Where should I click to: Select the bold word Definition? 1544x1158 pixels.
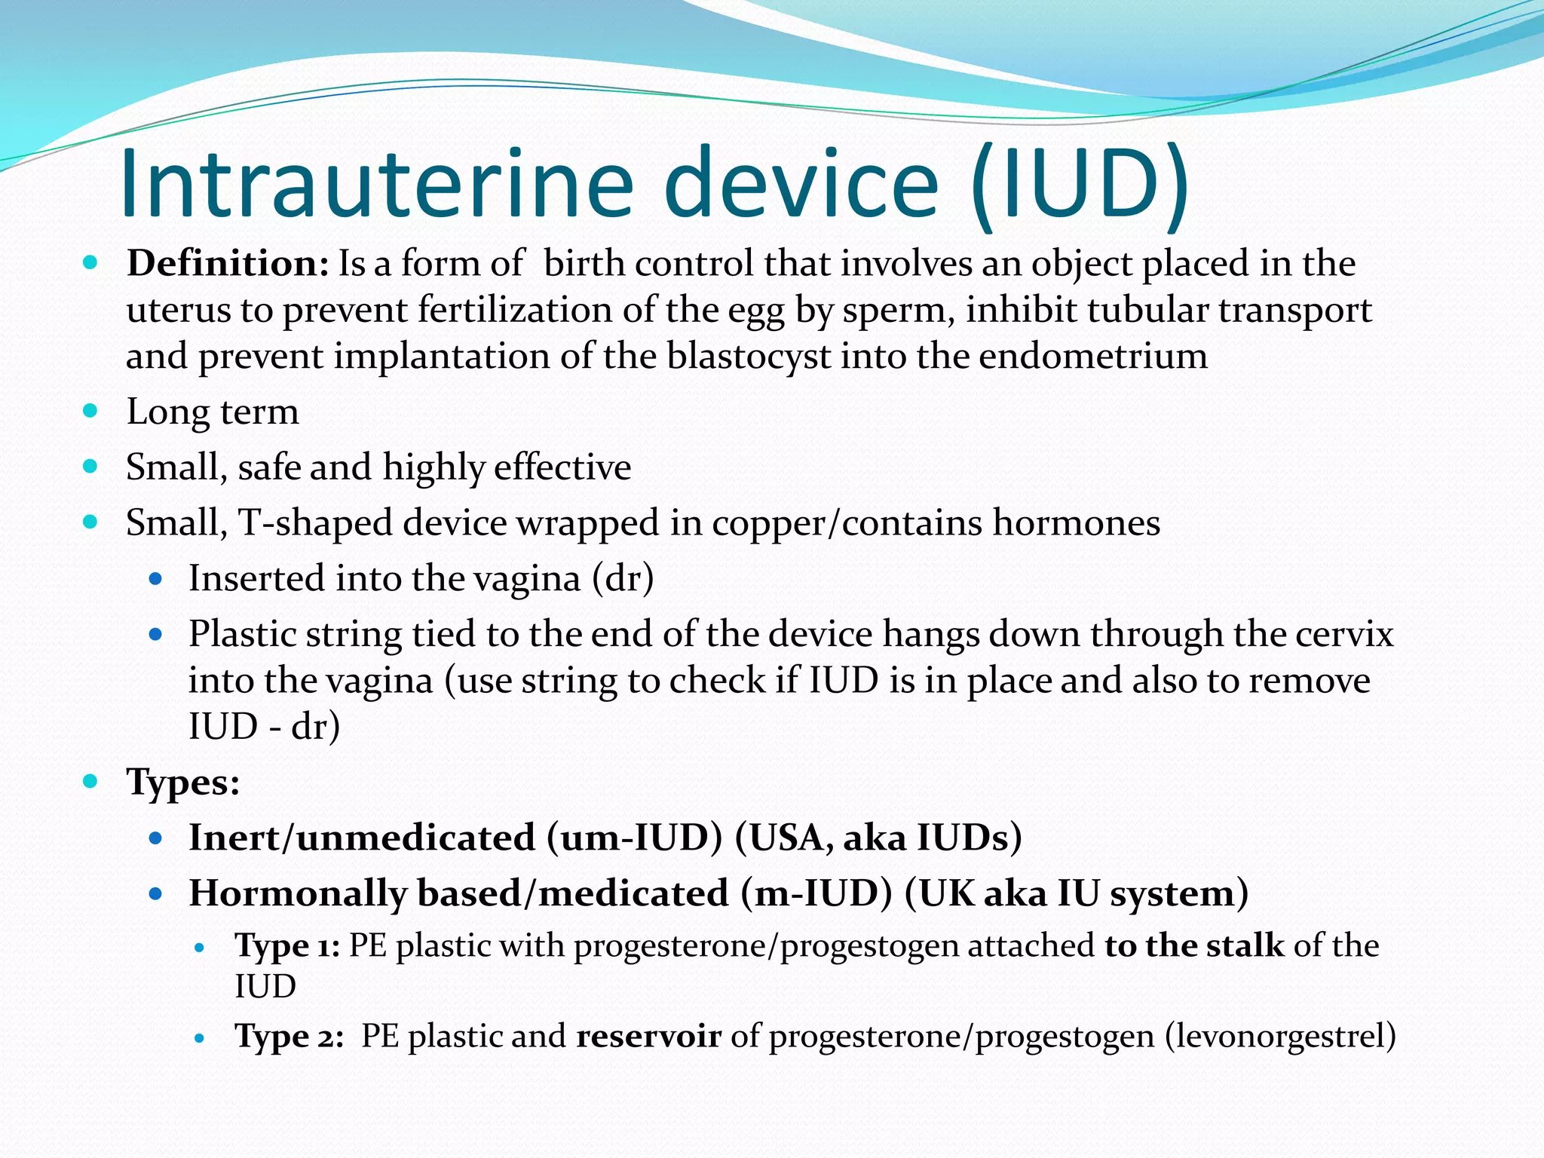point(228,264)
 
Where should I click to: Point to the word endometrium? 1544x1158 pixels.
point(1093,356)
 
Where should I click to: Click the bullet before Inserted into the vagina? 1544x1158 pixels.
point(156,579)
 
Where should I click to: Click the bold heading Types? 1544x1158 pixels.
point(183,782)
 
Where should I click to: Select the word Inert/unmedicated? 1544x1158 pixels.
point(362,838)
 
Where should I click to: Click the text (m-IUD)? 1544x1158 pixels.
point(816,893)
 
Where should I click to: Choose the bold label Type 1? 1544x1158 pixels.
point(287,945)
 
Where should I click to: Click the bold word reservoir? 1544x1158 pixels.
point(648,1036)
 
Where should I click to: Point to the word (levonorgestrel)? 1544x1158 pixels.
point(1280,1036)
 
